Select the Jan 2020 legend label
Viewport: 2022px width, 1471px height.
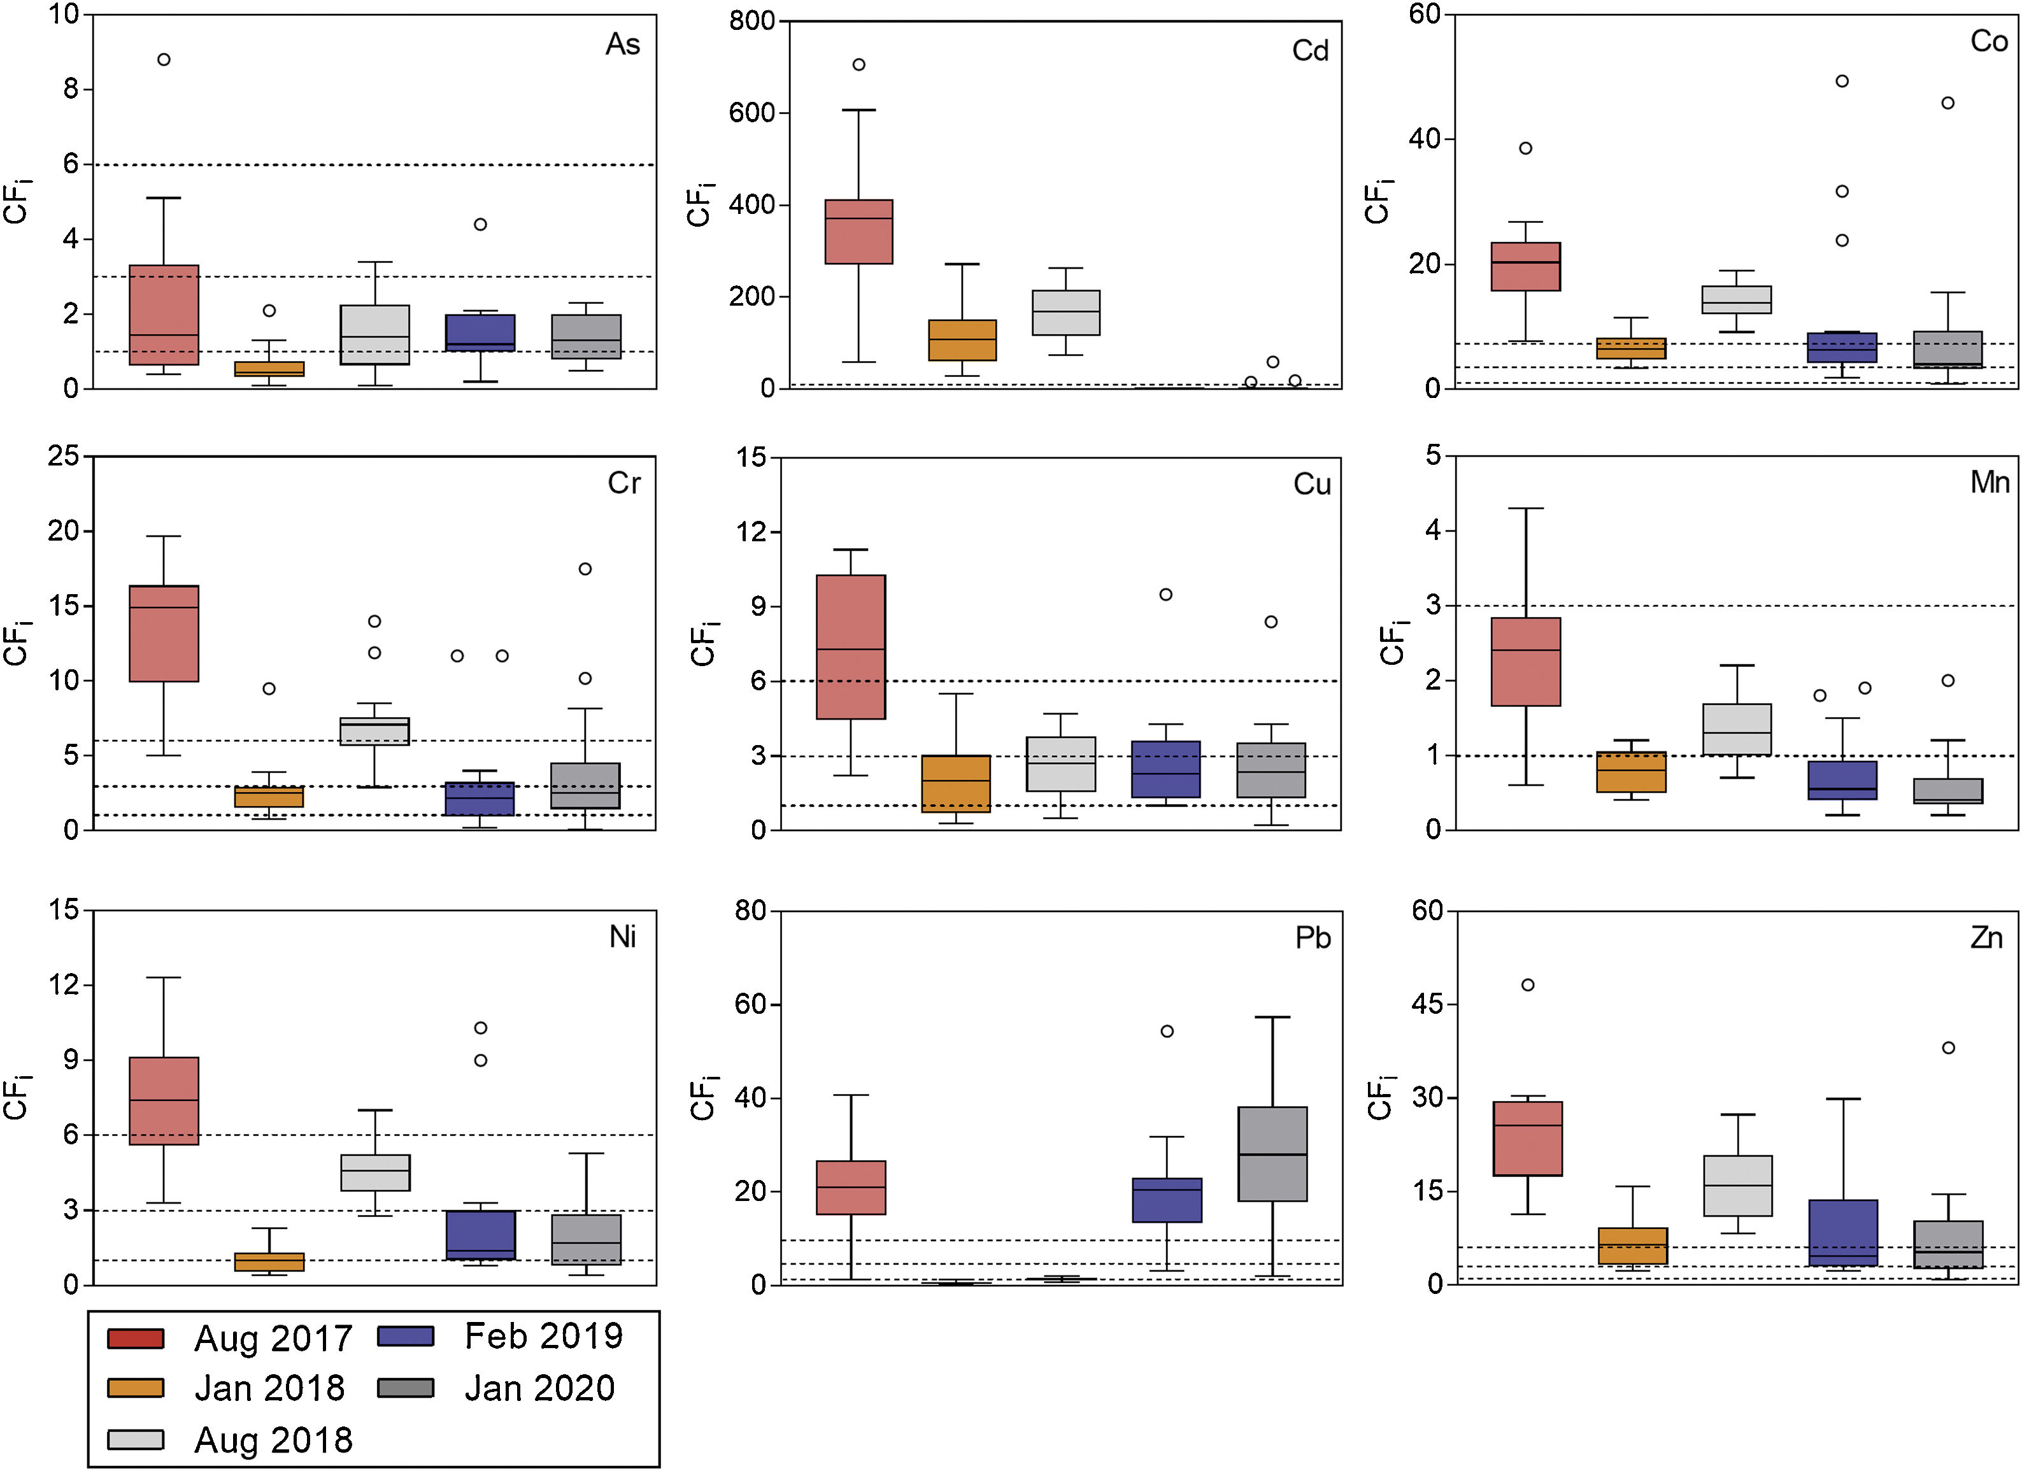pos(539,1388)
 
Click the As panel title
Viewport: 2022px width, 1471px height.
pos(622,45)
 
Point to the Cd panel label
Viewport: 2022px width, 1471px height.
pos(1309,51)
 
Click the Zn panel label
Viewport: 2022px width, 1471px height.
pos(1986,938)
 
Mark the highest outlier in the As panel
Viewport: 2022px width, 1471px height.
pos(164,60)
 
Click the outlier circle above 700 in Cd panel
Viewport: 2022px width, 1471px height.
pos(858,64)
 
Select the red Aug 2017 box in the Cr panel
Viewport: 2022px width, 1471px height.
pos(164,633)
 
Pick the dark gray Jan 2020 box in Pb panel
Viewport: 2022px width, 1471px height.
pos(1272,1154)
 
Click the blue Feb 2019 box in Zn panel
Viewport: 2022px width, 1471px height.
pos(1843,1232)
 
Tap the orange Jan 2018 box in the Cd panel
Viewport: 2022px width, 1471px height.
pos(962,339)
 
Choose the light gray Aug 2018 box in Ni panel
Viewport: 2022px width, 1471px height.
pos(375,1172)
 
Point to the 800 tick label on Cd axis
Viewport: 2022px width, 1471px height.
pos(751,20)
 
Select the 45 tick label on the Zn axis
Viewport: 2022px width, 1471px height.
pos(1427,1004)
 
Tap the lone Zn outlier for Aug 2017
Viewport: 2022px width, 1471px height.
pos(1527,985)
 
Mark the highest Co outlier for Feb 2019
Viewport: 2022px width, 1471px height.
pos(1842,81)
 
